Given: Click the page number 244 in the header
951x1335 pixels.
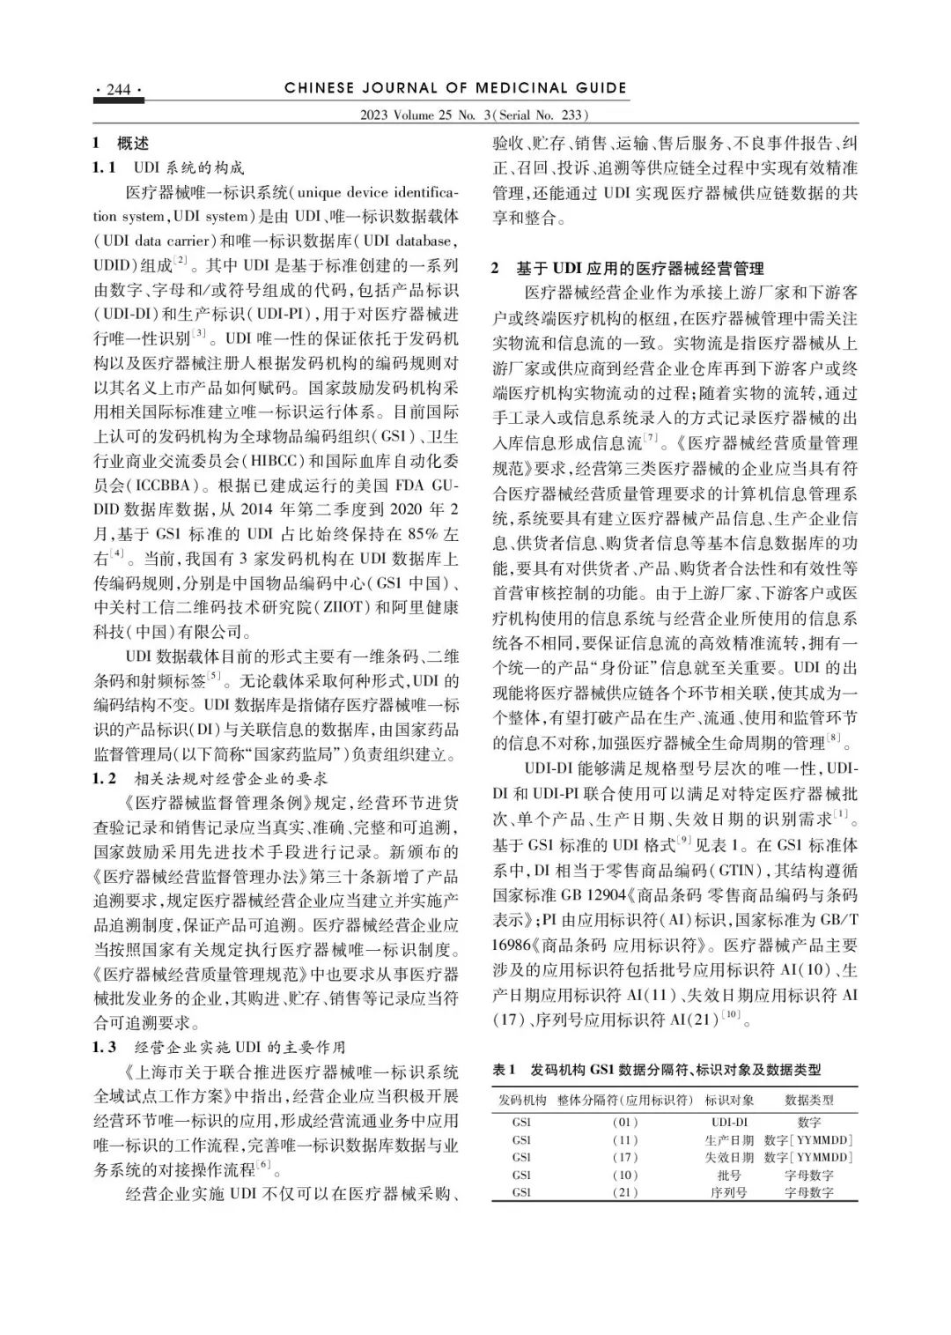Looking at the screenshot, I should [x=118, y=90].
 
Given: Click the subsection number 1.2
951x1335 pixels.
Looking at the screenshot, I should [x=105, y=779].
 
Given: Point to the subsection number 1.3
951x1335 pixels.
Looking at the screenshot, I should [x=105, y=1047].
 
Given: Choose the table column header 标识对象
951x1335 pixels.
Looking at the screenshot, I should [x=729, y=1100].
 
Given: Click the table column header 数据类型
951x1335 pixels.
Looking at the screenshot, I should [x=810, y=1100].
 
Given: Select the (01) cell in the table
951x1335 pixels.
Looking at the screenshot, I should [x=624, y=1123].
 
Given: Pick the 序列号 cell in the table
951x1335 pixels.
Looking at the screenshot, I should [x=729, y=1192].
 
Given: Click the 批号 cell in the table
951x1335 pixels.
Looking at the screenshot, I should [x=729, y=1175].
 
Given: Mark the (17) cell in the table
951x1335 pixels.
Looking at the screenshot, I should [x=624, y=1157].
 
